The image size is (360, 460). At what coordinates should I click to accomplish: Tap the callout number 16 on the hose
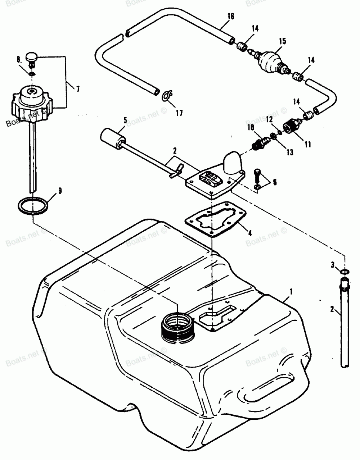coord(231,16)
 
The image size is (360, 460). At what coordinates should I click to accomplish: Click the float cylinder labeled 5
coord(112,139)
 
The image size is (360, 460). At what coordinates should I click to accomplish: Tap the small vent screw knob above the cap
coord(32,56)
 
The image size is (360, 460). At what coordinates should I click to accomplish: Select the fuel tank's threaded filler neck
coord(177,325)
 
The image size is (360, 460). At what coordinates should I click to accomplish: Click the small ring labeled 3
coord(344,270)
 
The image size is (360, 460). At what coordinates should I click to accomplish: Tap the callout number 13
coord(289,152)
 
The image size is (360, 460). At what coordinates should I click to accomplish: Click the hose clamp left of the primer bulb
coord(242,47)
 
